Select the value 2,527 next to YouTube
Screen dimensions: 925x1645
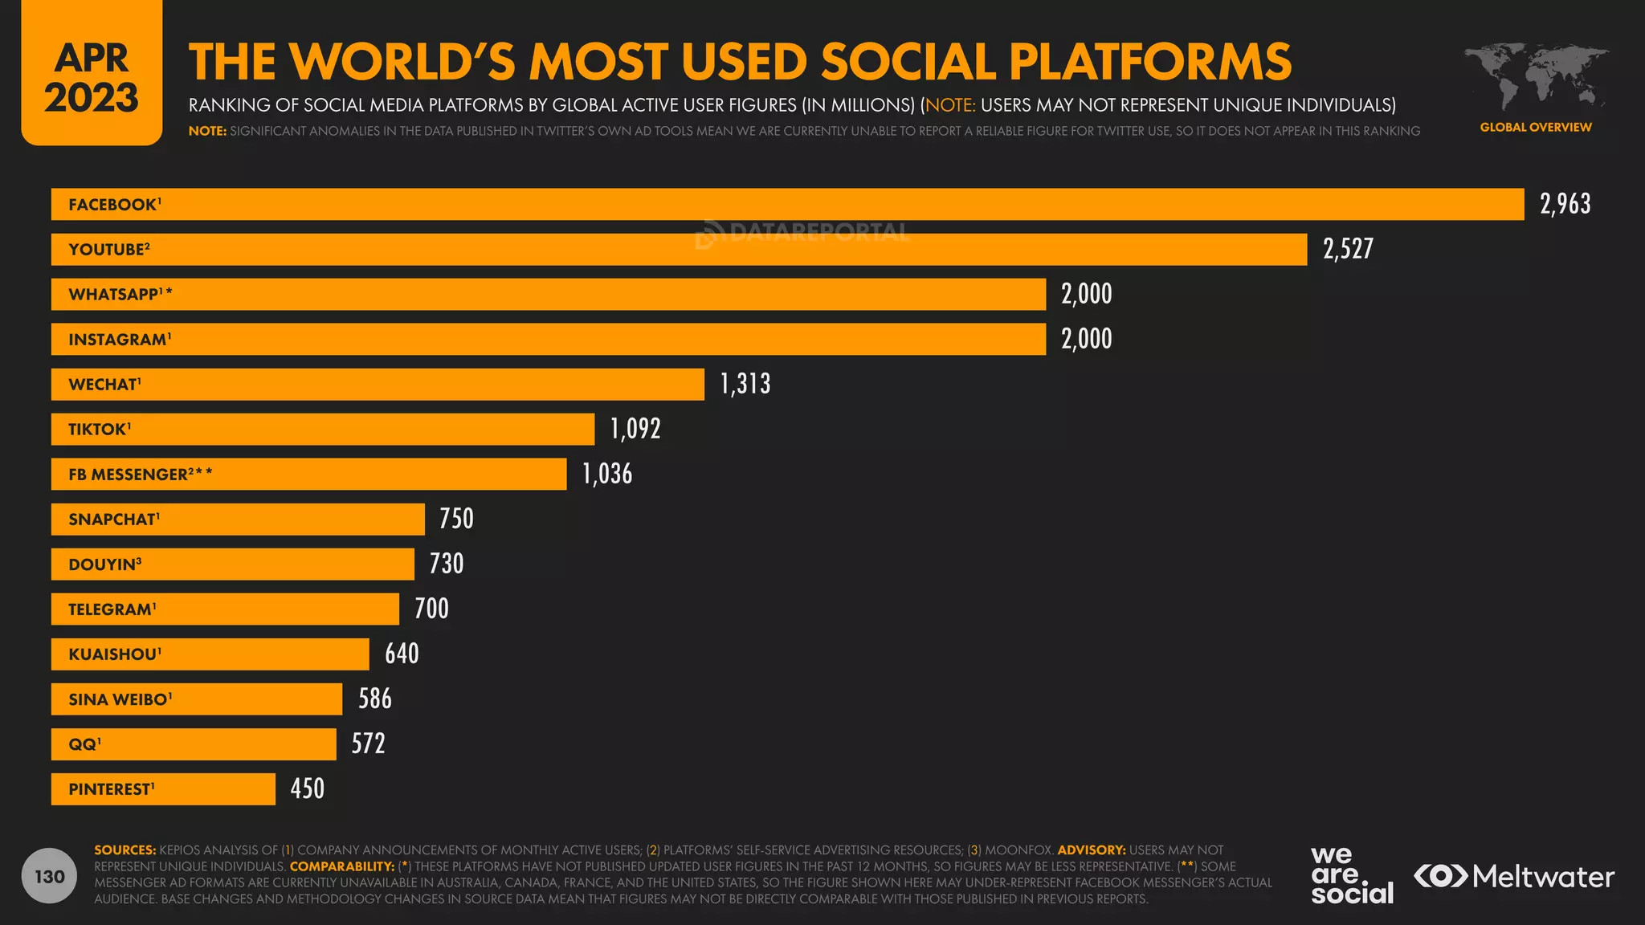1348,249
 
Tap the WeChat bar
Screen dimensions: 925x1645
378,384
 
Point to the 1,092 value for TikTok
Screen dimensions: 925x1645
635,429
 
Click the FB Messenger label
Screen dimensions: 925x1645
140,474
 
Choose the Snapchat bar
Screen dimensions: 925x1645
238,519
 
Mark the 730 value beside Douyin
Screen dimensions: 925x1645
447,564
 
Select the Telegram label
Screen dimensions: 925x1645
112,609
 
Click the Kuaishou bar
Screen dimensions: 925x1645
210,654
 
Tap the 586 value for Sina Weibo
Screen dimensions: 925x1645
375,699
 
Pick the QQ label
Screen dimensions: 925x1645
84,744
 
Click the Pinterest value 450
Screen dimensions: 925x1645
308,788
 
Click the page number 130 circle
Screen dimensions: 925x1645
49,875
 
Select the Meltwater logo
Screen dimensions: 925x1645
1514,876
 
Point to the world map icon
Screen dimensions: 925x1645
1535,76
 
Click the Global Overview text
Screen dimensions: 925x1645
1535,127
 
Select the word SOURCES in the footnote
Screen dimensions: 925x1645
124,850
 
